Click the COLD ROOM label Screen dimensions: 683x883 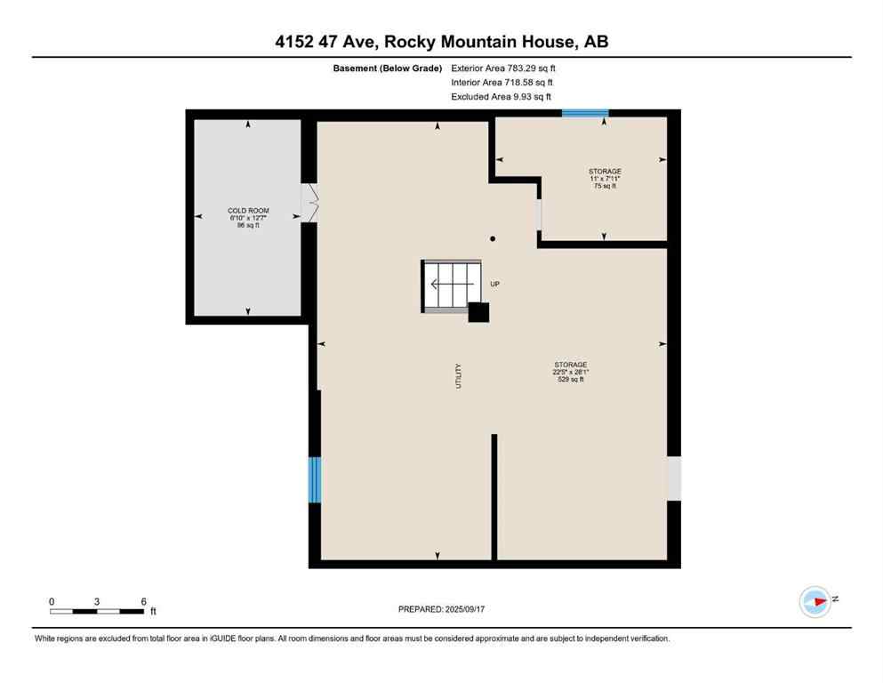point(248,211)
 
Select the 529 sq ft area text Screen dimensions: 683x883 point(570,380)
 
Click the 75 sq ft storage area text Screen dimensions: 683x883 point(605,186)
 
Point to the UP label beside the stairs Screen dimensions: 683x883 point(495,285)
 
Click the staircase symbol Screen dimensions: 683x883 point(452,285)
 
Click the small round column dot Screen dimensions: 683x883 point(493,238)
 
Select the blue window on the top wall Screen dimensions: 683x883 point(585,113)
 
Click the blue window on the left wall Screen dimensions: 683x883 point(314,479)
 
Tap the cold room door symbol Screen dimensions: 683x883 point(310,203)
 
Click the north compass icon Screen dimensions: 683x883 point(815,601)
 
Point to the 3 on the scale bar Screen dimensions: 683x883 point(96,601)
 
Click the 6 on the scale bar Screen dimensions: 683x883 point(143,601)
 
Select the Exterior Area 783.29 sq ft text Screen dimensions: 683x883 point(505,68)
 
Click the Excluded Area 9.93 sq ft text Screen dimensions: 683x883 point(502,96)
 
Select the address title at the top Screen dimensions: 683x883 point(441,41)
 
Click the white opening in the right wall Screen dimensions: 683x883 point(674,478)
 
